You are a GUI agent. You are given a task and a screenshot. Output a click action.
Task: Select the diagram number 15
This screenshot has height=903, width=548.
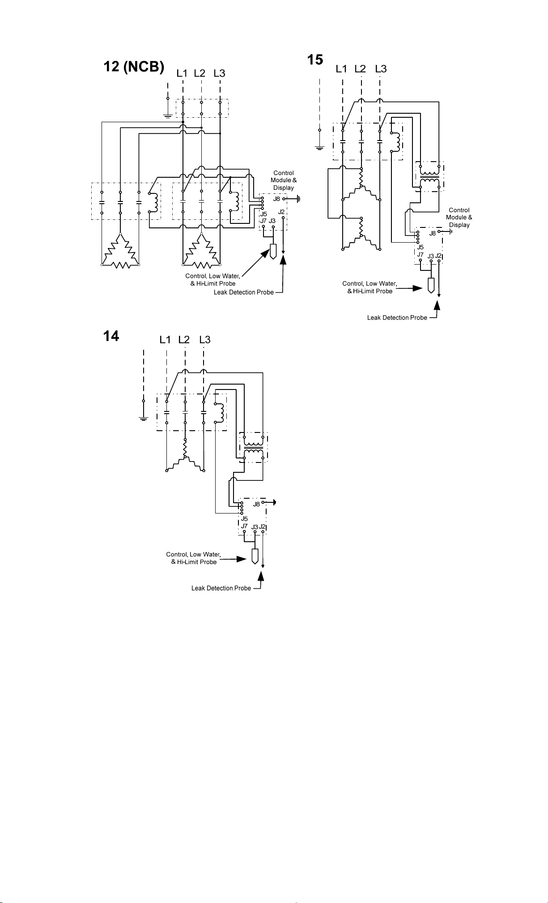pyautogui.click(x=315, y=60)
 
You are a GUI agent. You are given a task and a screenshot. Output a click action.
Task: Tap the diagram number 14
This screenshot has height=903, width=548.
pyautogui.click(x=111, y=336)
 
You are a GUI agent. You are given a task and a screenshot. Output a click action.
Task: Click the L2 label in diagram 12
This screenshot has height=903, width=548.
pyautogui.click(x=200, y=73)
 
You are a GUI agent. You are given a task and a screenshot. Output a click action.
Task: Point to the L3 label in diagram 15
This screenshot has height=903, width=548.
pyautogui.click(x=381, y=69)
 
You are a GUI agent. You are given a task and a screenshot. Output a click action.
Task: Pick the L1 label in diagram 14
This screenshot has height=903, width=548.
pyautogui.click(x=165, y=340)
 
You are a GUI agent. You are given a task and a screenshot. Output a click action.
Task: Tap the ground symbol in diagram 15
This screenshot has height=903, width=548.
pyautogui.click(x=319, y=147)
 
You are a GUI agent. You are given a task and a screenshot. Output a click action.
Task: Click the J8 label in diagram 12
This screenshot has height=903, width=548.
pyautogui.click(x=276, y=199)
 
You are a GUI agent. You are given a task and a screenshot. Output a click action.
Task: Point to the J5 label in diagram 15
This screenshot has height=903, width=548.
pyautogui.click(x=420, y=247)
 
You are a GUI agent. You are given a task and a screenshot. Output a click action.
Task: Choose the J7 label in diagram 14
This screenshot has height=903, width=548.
pyautogui.click(x=244, y=526)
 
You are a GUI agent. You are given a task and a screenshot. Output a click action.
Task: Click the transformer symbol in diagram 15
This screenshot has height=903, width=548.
pyautogui.click(x=429, y=176)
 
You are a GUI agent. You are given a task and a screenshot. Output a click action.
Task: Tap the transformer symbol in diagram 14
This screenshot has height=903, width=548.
pyautogui.click(x=254, y=447)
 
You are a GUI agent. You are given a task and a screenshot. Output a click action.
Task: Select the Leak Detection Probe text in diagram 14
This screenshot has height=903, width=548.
pyautogui.click(x=221, y=588)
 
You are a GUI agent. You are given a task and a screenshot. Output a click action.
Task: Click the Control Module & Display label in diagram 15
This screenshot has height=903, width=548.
pyautogui.click(x=459, y=218)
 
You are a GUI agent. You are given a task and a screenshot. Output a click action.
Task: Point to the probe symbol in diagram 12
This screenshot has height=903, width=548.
pyautogui.click(x=273, y=252)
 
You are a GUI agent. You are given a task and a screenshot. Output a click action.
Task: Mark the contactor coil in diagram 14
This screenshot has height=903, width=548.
pyautogui.click(x=220, y=412)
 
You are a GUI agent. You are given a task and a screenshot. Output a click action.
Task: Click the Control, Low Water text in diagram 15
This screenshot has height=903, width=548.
pyautogui.click(x=370, y=283)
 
